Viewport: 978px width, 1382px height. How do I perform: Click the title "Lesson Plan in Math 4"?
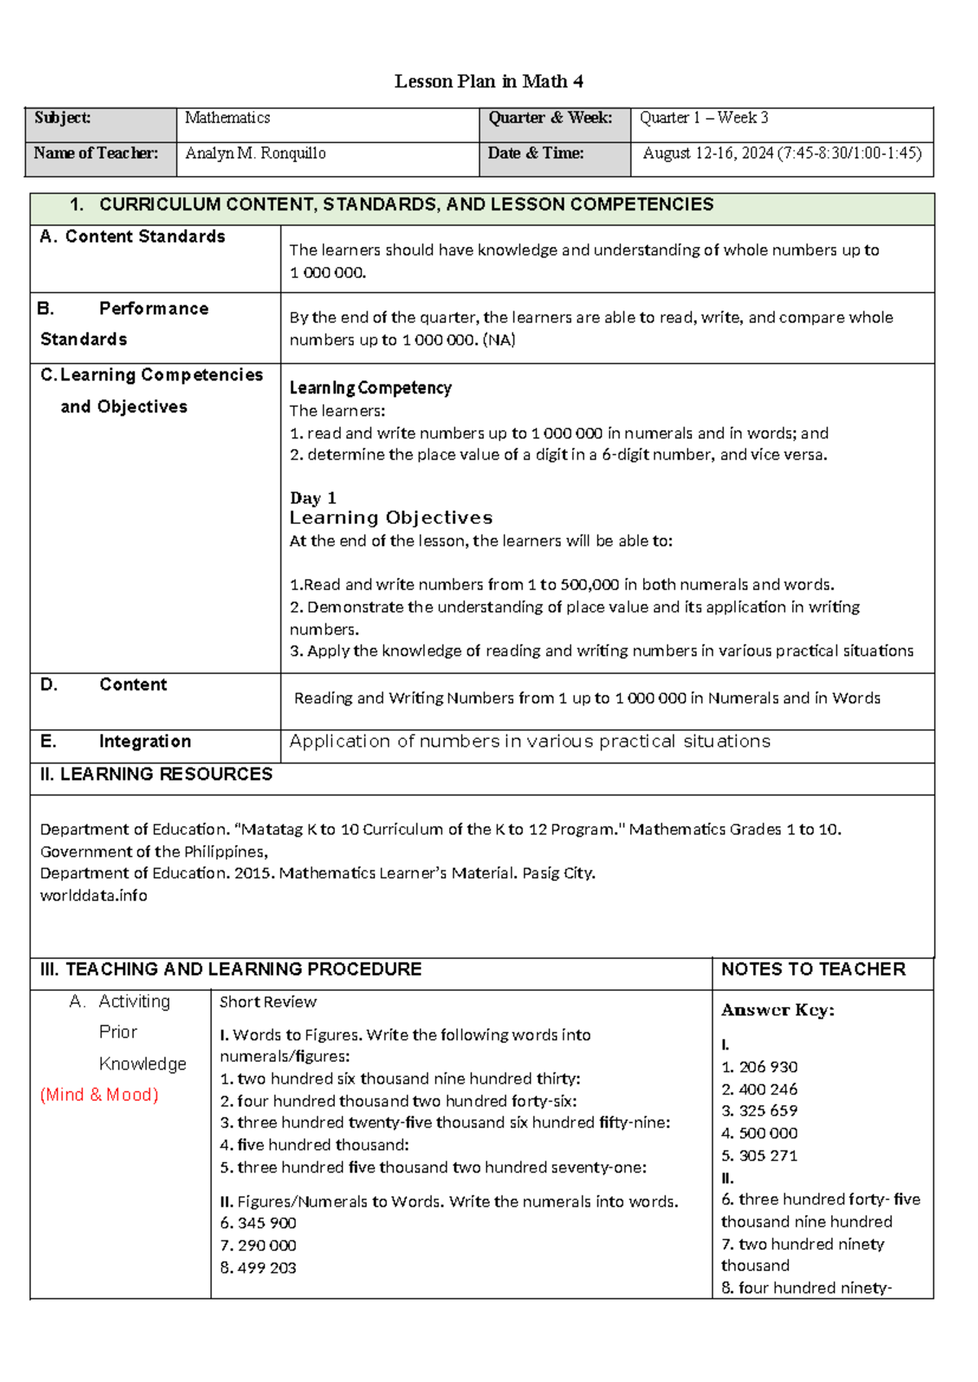pos(488,81)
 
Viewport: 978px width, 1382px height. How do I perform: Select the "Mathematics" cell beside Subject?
pos(227,118)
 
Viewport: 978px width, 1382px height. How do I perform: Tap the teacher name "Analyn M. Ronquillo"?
pos(255,153)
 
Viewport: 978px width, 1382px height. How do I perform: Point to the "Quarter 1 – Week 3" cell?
pos(703,118)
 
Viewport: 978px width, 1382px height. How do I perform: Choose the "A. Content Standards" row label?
pos(133,237)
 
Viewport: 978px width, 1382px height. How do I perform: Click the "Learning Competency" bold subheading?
pos(370,388)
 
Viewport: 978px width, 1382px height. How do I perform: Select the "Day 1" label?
pos(313,498)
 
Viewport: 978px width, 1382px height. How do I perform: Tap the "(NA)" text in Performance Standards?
pos(499,340)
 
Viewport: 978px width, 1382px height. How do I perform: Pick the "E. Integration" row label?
pos(116,742)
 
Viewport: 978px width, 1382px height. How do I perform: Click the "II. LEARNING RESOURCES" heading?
pos(156,774)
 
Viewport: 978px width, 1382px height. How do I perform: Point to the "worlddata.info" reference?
pos(94,896)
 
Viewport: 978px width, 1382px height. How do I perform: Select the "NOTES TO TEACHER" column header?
pos(813,969)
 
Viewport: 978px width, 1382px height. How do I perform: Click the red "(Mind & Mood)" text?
pos(99,1094)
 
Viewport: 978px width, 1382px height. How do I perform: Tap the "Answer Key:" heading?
pos(778,1010)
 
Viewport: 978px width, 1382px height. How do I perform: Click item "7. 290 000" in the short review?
pos(258,1245)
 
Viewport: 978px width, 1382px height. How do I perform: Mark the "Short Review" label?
pos(267,1002)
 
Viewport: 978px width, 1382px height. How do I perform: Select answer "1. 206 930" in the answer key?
pos(760,1067)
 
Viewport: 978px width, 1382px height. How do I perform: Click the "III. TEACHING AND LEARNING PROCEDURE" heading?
pos(231,969)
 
